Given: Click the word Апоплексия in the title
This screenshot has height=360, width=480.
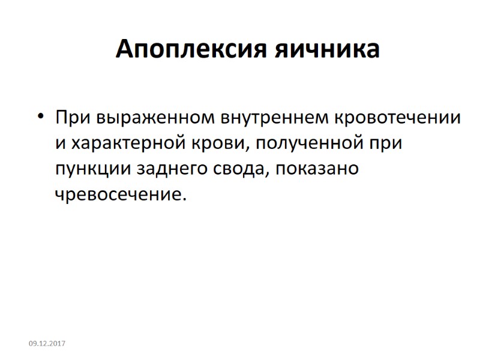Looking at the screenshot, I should (191, 49).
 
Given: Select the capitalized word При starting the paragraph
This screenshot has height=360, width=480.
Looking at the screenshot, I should (70, 118).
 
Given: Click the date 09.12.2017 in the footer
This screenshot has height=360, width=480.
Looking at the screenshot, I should (47, 343).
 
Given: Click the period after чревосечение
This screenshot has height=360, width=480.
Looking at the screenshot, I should (178, 199).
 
